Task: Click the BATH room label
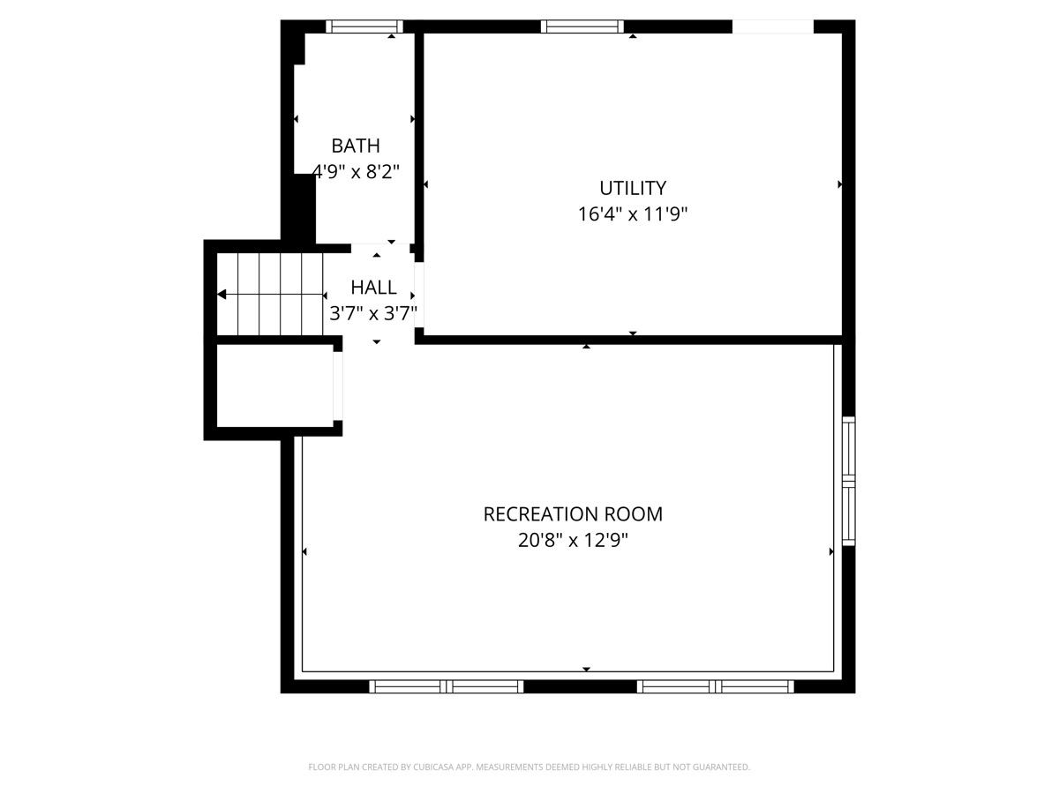(x=356, y=146)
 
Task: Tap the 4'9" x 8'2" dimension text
(x=357, y=171)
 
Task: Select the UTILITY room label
(x=633, y=188)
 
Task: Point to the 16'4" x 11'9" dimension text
(x=633, y=213)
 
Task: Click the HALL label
(x=373, y=288)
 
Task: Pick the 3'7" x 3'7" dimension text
(x=373, y=313)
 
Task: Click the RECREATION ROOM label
(x=573, y=514)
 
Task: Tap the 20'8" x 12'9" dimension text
(x=573, y=540)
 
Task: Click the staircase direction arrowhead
(x=222, y=294)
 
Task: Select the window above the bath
(x=364, y=26)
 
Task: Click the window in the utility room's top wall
(x=582, y=26)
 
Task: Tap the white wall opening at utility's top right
(x=773, y=26)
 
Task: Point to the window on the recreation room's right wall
(x=849, y=481)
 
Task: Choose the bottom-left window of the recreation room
(x=447, y=686)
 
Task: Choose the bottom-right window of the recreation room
(x=715, y=686)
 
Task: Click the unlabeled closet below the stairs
(x=274, y=386)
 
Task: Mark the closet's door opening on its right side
(x=338, y=386)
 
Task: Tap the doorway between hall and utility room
(x=419, y=295)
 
